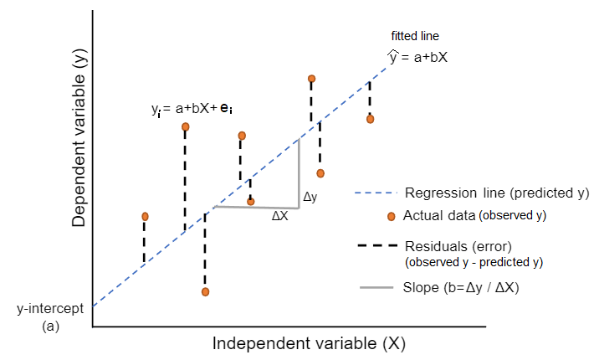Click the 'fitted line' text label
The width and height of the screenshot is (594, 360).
tap(415, 36)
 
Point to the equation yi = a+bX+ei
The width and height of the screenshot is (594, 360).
tap(192, 109)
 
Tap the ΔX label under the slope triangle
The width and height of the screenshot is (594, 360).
tap(280, 215)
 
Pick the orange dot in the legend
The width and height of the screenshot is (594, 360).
tap(391, 216)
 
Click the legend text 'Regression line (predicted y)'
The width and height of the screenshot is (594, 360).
tap(497, 193)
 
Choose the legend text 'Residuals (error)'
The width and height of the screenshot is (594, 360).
tap(458, 246)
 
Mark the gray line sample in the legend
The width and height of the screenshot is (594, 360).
tap(376, 289)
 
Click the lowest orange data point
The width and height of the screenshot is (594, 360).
tap(205, 291)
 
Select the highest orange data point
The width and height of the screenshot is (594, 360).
tap(311, 79)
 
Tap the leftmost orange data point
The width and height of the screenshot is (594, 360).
tap(145, 216)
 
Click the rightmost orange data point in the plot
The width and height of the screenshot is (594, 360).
tap(370, 119)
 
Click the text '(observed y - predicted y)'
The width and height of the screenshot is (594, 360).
tap(474, 262)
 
